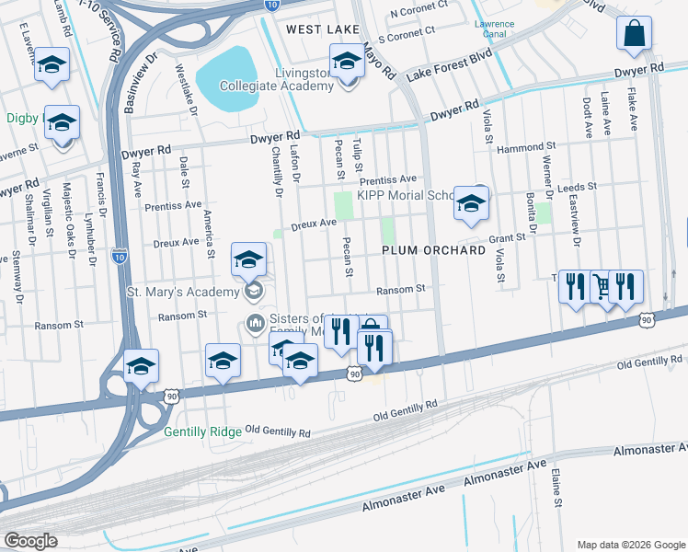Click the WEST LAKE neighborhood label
323,29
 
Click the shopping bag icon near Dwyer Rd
635,36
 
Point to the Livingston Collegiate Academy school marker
347,64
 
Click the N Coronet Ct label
418,14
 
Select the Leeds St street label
577,187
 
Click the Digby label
21,118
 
